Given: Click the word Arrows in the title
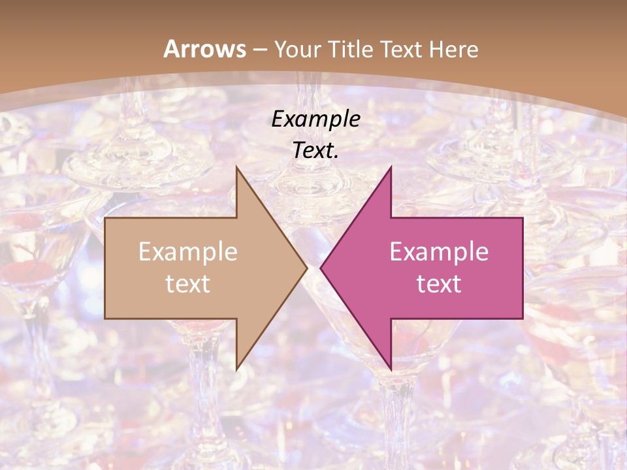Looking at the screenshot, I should point(204,49).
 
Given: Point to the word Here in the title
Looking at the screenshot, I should point(455,50).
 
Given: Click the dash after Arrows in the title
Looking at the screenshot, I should point(260,50).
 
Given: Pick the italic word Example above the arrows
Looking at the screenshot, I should point(315,120).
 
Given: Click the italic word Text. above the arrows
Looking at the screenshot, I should point(315,151).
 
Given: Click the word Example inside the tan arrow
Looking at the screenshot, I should point(188,252).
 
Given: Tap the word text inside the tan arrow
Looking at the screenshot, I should point(188,283).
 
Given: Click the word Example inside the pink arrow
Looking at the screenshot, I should point(439,252).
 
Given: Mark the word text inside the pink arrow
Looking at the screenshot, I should point(439,283).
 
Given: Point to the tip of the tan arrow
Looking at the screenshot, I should point(306,268).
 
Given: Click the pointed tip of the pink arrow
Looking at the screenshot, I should point(321,268).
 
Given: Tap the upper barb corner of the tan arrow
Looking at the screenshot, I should point(236,167).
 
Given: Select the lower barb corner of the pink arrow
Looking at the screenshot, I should point(391,369).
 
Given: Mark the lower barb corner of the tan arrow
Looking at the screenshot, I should point(236,369).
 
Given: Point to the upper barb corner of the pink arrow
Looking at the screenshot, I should point(391,167).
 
